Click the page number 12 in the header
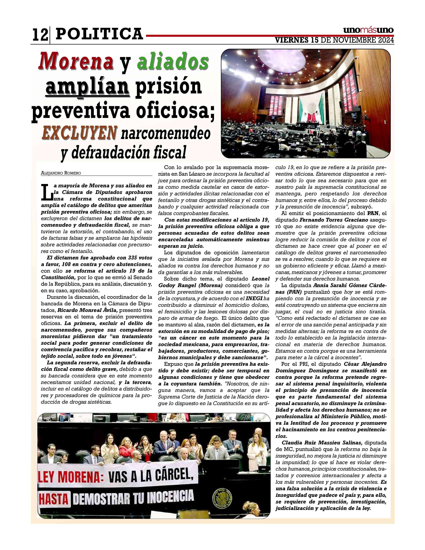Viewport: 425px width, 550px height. pyautogui.click(x=40, y=35)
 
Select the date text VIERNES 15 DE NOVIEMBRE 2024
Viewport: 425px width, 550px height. pyautogui.click(x=334, y=40)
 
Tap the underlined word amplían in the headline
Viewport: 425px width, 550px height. pyautogui.click(x=88, y=87)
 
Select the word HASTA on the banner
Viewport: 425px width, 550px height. pyautogui.click(x=53, y=499)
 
